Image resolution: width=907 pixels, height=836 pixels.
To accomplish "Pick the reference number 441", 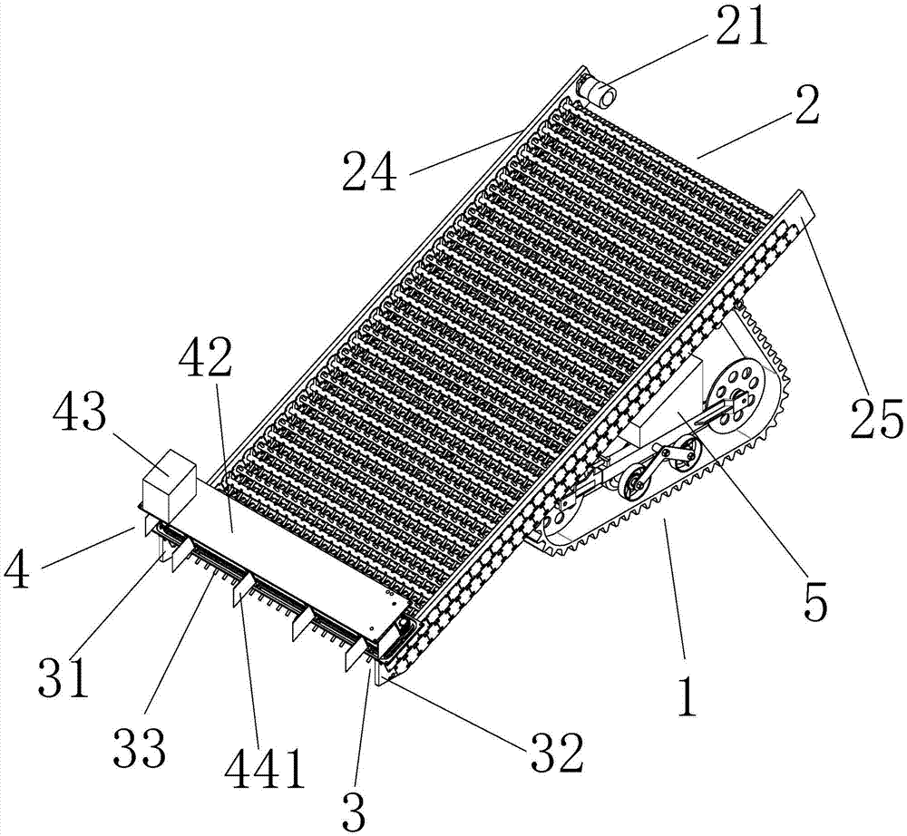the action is point(265,770).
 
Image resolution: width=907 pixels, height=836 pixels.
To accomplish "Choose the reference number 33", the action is point(139,746).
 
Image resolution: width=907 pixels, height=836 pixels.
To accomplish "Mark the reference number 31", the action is point(64,678).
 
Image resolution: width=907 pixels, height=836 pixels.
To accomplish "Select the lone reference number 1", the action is point(687,696).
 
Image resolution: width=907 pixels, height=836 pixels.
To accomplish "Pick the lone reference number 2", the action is point(805,106).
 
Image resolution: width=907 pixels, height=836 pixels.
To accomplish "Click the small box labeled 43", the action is point(168,483).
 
